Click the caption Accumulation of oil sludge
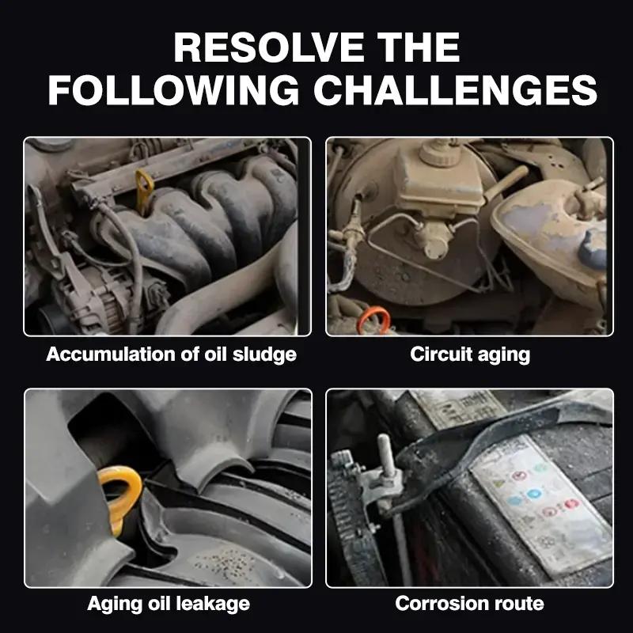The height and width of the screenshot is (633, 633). tap(171, 354)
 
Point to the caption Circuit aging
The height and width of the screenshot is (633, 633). tap(470, 354)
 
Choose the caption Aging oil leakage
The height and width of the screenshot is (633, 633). tap(168, 604)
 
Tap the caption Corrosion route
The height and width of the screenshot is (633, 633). tap(470, 604)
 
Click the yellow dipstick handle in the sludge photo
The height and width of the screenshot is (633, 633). tap(144, 188)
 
